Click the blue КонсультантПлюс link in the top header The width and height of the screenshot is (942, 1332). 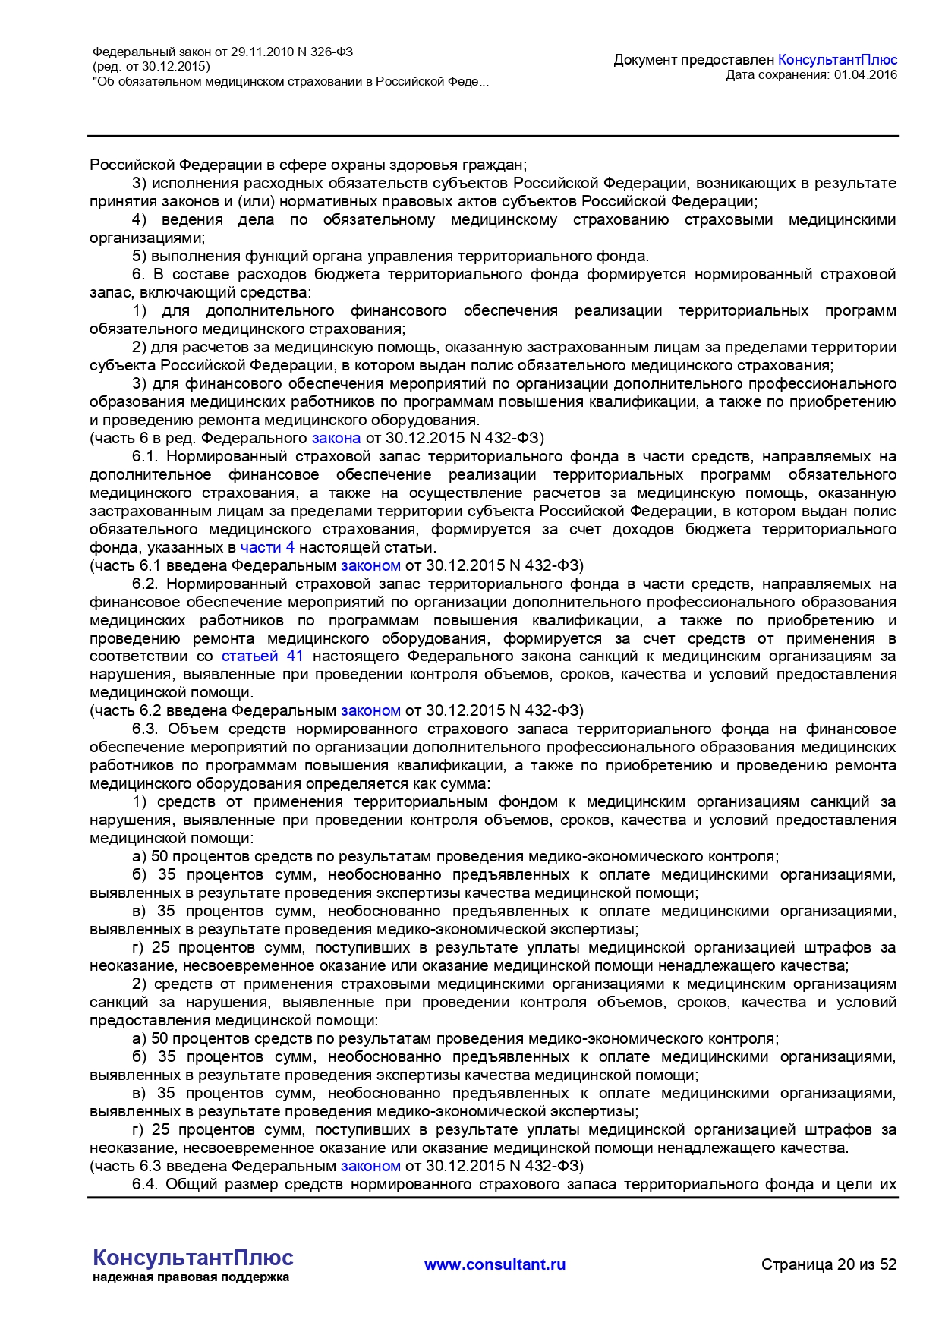point(837,60)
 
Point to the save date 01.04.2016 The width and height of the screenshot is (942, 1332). point(865,74)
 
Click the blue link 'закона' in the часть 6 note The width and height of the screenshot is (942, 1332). point(336,438)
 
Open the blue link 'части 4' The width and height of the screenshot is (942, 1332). point(267,547)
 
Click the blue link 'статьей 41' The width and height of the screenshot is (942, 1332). point(262,656)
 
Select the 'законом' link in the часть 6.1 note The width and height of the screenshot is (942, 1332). point(370,565)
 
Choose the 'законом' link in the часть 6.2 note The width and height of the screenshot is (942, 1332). point(370,710)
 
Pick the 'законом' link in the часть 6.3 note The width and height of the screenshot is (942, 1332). point(370,1166)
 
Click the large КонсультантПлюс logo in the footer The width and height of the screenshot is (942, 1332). point(193,1258)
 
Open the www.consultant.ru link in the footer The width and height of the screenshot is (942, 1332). point(495,1264)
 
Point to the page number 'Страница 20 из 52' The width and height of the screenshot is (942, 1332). point(829,1264)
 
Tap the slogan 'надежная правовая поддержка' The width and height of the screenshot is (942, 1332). point(191,1277)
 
